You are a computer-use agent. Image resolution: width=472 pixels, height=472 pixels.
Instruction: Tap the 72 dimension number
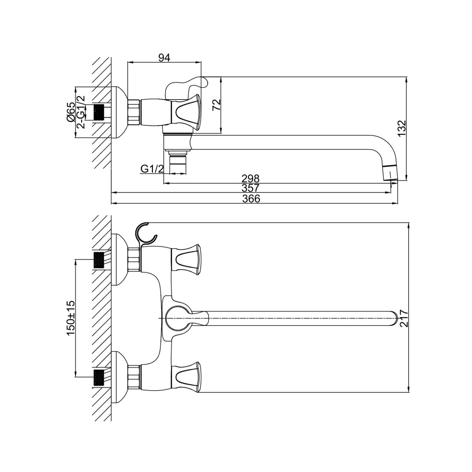216,105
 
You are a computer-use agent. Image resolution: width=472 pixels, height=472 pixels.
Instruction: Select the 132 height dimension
402,129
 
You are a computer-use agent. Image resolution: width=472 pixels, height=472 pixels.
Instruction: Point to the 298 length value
250,178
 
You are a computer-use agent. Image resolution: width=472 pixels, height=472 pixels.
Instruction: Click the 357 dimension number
250,188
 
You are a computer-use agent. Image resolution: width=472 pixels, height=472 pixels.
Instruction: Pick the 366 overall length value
251,199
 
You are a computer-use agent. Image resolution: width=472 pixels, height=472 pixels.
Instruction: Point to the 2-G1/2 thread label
81,112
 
